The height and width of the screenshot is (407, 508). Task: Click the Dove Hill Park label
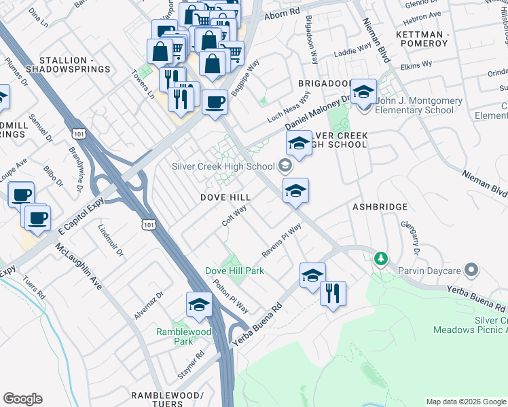(234, 271)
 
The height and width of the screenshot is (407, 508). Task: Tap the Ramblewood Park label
(183, 336)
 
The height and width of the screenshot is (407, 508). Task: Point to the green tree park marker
(381, 258)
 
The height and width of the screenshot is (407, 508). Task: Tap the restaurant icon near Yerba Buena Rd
(333, 293)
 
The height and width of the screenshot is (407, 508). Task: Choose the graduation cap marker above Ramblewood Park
(199, 304)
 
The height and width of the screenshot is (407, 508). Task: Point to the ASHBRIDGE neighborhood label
(380, 206)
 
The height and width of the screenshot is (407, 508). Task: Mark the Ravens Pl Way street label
(282, 241)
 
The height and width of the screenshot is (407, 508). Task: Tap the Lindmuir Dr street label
(111, 241)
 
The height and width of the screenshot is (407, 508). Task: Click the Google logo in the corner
(22, 399)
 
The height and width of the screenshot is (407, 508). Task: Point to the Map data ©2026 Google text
(465, 402)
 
